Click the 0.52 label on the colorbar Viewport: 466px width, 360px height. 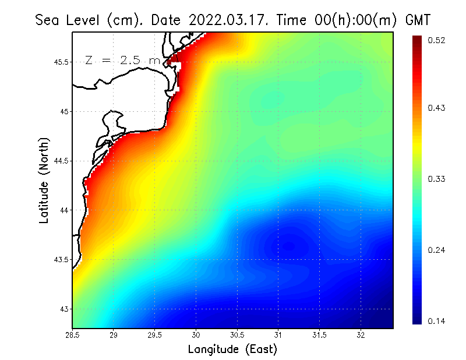(436, 40)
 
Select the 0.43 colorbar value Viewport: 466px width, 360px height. (436, 108)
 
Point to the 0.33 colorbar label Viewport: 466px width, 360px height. (436, 179)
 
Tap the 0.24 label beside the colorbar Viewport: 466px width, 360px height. (436, 250)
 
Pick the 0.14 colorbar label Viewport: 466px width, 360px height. (436, 321)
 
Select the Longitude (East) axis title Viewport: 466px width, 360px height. (232, 350)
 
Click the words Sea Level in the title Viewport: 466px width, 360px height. (69, 20)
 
